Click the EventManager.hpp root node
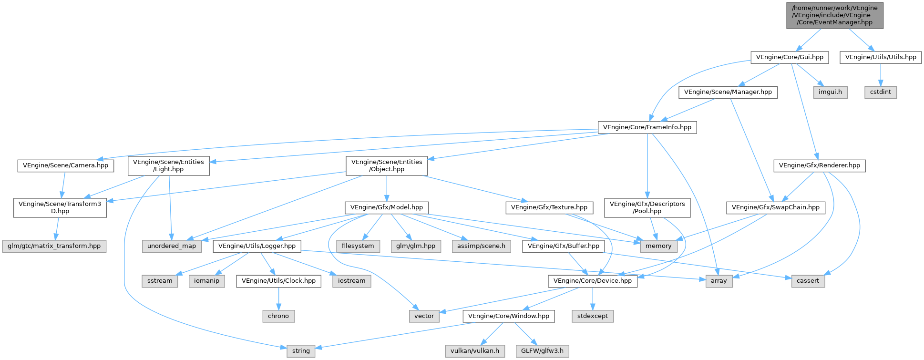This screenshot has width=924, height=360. [834, 15]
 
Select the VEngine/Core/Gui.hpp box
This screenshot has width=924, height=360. [789, 57]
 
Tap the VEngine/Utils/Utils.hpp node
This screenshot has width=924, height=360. [881, 57]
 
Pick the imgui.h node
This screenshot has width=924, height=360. [830, 92]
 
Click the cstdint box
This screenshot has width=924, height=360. [881, 92]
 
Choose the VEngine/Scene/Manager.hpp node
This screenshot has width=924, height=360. [728, 92]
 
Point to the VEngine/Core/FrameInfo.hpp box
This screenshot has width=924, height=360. [647, 127]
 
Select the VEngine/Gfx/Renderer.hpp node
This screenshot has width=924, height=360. [819, 166]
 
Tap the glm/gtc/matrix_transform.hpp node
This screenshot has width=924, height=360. [54, 246]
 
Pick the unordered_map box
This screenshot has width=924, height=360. [172, 246]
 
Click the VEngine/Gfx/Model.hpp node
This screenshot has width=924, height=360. [387, 207]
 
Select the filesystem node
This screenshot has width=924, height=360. [358, 246]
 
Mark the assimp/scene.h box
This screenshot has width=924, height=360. [481, 246]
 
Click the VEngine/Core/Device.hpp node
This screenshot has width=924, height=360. [593, 281]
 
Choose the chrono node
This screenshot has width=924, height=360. [278, 316]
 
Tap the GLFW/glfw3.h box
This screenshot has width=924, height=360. [542, 351]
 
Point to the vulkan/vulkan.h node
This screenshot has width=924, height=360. [475, 351]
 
